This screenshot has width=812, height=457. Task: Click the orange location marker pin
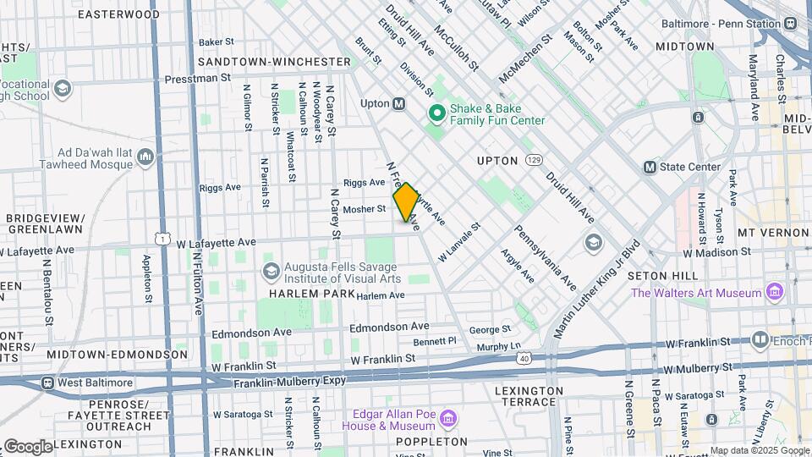pyautogui.click(x=406, y=201)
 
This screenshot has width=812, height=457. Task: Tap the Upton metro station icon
pyautogui.click(x=399, y=103)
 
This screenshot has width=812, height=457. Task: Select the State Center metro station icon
pyautogui.click(x=650, y=167)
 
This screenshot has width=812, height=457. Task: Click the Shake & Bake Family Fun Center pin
pyautogui.click(x=437, y=113)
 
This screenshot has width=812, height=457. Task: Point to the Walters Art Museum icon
pyautogui.click(x=773, y=293)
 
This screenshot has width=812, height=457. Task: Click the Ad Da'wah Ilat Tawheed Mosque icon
pyautogui.click(x=145, y=157)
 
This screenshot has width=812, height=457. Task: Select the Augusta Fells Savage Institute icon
pyautogui.click(x=271, y=271)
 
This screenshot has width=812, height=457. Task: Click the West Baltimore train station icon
pyautogui.click(x=47, y=383)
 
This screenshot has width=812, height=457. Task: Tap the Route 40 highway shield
pyautogui.click(x=525, y=359)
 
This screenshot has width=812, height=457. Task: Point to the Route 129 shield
pyautogui.click(x=533, y=158)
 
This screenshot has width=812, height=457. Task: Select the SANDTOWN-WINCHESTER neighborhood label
pyautogui.click(x=274, y=62)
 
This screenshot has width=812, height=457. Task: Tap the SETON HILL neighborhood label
pyautogui.click(x=663, y=276)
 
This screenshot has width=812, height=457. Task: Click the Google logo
pyautogui.click(x=28, y=446)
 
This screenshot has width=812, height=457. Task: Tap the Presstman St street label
pyautogui.click(x=197, y=77)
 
